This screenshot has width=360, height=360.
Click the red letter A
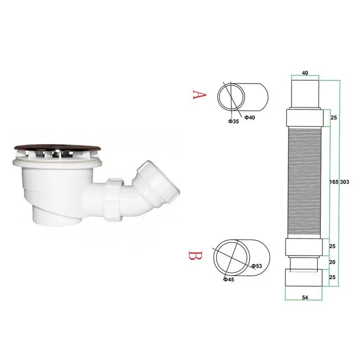coord(200,95)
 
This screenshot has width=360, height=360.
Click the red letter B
coord(195,255)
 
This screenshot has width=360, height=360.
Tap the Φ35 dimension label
coord(233,121)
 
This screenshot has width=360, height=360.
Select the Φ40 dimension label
coord(249,118)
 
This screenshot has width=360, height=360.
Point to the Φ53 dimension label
coord(257,266)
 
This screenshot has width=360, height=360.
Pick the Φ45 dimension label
coord(229,279)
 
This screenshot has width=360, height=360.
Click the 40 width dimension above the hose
coord(305,73)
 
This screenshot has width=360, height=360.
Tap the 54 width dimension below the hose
coord(305,297)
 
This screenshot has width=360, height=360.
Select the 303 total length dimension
coord(345,182)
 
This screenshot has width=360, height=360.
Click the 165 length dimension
coord(334,182)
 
